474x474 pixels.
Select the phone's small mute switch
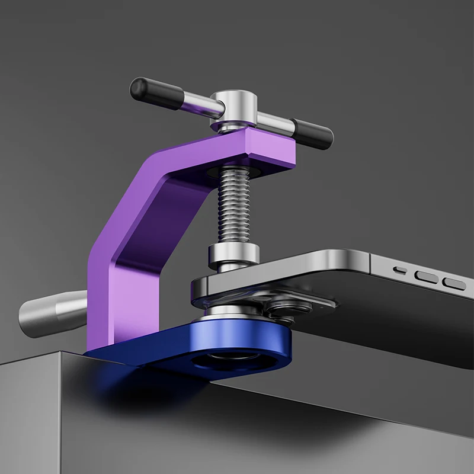click(x=401, y=271)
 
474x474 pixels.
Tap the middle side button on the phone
click(x=426, y=276)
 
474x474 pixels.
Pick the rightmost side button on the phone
click(x=454, y=283)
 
